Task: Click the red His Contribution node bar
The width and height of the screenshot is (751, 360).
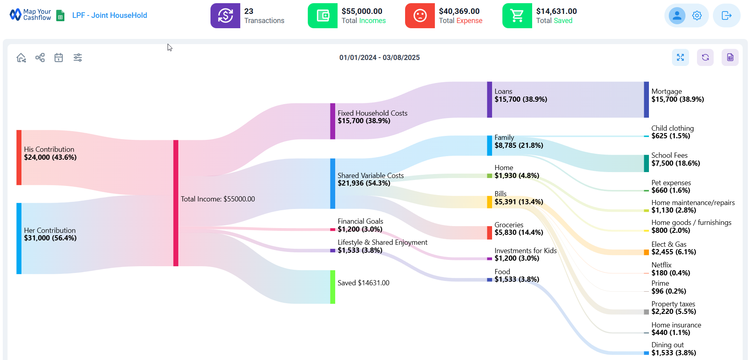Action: click(19, 157)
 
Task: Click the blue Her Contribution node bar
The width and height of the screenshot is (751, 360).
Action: click(19, 238)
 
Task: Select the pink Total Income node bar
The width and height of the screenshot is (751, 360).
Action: click(176, 203)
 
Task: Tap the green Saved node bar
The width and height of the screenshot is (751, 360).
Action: click(332, 287)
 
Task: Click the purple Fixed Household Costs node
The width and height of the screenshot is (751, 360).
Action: click(332, 121)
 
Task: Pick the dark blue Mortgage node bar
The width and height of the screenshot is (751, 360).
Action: click(646, 100)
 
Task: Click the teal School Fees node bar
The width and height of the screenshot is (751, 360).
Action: click(646, 163)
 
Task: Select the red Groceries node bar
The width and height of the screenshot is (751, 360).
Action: click(489, 232)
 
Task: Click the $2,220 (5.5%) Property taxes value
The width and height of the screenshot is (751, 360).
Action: click(674, 312)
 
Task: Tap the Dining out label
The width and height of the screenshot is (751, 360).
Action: click(667, 345)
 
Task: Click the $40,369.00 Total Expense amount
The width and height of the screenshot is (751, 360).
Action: click(459, 12)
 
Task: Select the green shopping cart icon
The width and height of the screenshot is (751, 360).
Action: click(517, 16)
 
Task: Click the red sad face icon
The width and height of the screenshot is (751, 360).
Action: click(420, 16)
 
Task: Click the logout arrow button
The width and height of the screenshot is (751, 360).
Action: click(726, 15)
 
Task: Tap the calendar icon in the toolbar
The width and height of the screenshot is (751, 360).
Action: click(59, 58)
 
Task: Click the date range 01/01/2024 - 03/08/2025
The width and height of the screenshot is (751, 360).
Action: click(379, 58)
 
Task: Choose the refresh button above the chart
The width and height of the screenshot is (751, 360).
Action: click(705, 58)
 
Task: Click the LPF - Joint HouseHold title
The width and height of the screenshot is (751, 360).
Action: click(110, 15)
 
